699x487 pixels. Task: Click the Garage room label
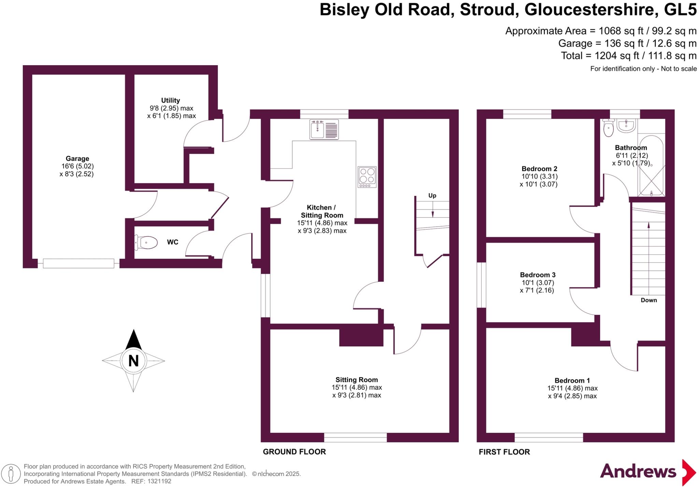pos(77,159)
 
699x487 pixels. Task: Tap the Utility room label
pos(170,100)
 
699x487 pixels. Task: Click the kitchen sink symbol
pos(324,129)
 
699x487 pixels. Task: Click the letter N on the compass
pos(133,361)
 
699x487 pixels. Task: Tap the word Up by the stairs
pos(432,196)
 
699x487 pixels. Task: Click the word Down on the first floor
pos(648,300)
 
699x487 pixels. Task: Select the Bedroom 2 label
pos(539,169)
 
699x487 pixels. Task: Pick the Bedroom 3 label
pos(538,275)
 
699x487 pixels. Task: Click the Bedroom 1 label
pos(572,381)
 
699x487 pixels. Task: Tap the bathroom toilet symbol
pos(609,128)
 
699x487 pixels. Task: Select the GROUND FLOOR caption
pos(294,452)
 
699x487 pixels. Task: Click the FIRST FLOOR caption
pos(504,452)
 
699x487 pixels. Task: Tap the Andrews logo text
pos(638,472)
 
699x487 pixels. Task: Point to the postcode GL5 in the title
pos(680,10)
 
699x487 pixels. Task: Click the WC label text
pos(173,242)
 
